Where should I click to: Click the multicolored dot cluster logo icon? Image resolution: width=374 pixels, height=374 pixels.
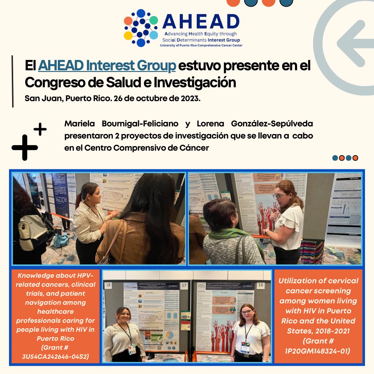tap(141, 28)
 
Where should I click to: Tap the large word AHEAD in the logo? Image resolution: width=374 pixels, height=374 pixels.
tap(201, 22)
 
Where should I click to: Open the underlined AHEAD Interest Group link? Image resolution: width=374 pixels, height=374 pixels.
tap(107, 66)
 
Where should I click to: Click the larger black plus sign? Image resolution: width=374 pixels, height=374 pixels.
tap(25, 147)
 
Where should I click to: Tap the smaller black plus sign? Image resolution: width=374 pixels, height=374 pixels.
tap(40, 129)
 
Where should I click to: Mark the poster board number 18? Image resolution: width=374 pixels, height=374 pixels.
tap(109, 285)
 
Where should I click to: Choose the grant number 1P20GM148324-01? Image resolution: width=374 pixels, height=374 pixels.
tap(319, 351)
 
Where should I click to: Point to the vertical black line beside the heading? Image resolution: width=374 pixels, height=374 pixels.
tap(13, 81)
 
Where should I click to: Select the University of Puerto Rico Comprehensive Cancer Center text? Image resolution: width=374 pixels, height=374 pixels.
tap(201, 45)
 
